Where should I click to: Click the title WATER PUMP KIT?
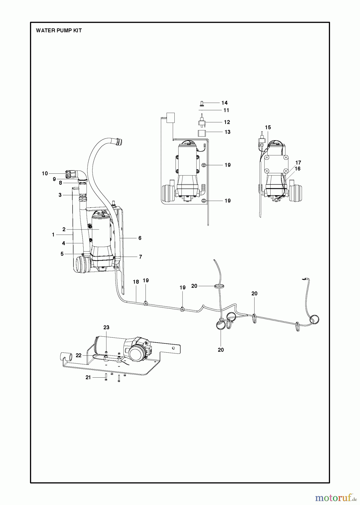click(x=59, y=31)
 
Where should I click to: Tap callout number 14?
click(x=224, y=103)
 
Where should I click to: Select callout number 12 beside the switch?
click(x=227, y=122)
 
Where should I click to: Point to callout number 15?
click(x=268, y=127)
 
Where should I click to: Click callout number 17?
click(x=298, y=163)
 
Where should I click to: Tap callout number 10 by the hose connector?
click(x=45, y=173)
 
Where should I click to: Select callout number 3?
click(x=60, y=195)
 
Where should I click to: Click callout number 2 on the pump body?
click(x=64, y=229)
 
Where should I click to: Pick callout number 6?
click(x=140, y=238)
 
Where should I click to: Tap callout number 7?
click(x=140, y=257)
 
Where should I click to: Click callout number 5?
click(x=62, y=254)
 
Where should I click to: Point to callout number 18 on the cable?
click(x=136, y=282)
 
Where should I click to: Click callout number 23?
click(x=106, y=327)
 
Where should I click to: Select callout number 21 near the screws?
click(x=88, y=378)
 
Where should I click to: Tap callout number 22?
click(x=79, y=355)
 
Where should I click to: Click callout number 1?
click(x=53, y=235)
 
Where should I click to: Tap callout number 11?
click(x=226, y=110)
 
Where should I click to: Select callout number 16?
click(x=297, y=169)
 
